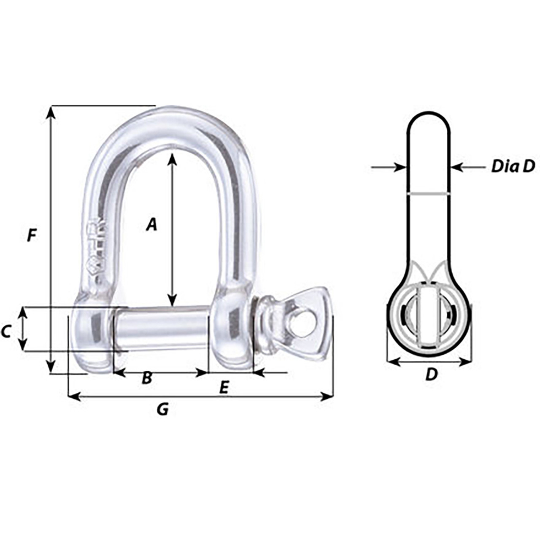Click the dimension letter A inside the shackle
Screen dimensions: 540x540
coord(151,224)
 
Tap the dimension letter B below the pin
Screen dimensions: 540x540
coord(146,378)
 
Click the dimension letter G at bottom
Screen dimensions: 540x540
coord(162,409)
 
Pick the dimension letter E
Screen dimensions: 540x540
coord(224,387)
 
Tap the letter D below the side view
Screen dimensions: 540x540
coord(431,374)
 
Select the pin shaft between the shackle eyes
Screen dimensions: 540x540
coord(161,329)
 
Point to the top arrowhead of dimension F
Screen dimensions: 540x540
coord(51,111)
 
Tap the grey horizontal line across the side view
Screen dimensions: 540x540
coord(429,194)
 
